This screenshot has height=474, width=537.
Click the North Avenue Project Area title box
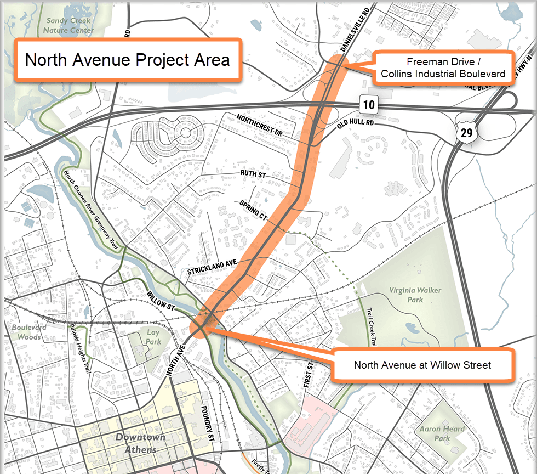127,60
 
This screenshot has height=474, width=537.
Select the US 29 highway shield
465,131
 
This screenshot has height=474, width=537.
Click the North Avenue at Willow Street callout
422,365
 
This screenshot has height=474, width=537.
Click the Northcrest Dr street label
259,126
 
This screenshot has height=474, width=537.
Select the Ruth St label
253,173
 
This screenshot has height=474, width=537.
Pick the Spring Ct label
253,211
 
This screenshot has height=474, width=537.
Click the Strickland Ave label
212,267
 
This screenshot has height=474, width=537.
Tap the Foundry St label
206,423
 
